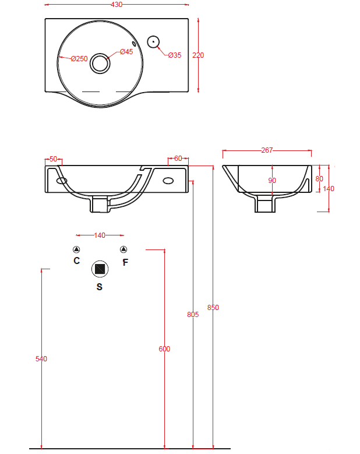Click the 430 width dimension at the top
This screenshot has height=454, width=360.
[117, 4]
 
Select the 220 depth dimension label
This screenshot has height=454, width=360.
[198, 55]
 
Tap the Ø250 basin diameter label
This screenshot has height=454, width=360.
[79, 58]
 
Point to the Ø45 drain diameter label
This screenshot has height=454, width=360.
[126, 51]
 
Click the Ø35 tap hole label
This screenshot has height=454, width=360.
[175, 55]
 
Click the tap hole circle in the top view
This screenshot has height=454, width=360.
[153, 42]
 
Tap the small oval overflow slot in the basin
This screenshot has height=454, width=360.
[134, 44]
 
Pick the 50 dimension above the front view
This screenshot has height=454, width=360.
[54, 159]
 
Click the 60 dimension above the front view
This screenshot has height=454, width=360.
[178, 159]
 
